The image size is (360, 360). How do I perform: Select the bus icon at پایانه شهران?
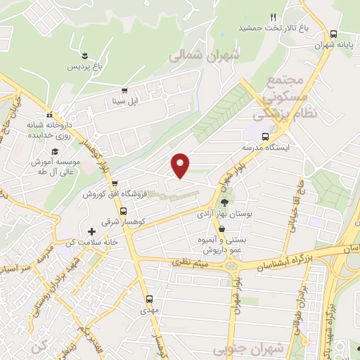[333, 34]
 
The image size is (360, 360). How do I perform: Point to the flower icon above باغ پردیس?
[85, 56]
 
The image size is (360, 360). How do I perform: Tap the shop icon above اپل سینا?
[124, 91]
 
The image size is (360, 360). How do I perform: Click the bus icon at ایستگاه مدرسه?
[265, 136]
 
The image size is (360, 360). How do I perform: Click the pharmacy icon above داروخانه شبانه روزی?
[49, 115]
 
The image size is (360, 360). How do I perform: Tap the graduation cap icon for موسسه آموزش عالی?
[53, 151]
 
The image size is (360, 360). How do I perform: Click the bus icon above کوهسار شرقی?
[124, 212]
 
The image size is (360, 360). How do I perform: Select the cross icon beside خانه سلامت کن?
[91, 231]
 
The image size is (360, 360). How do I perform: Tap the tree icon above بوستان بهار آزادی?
[224, 203]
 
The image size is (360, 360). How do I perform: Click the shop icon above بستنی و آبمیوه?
[221, 229]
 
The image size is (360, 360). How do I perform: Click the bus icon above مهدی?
[148, 297]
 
